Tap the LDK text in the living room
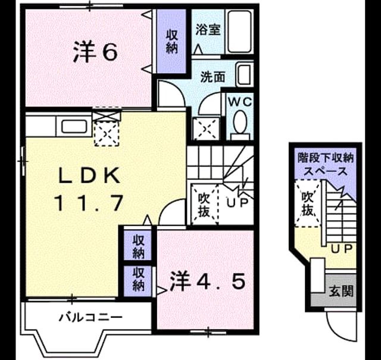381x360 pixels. tap(89, 176)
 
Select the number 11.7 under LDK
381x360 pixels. tap(89, 203)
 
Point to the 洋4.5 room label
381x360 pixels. tap(207, 281)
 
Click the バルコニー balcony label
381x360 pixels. tap(90, 317)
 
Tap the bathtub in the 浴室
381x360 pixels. tap(239, 32)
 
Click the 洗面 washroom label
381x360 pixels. tap(213, 77)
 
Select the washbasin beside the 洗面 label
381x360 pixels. tap(245, 74)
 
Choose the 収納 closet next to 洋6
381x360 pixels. tap(172, 42)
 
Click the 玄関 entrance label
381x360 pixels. tap(341, 290)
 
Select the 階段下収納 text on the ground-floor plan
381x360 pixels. tap(326, 158)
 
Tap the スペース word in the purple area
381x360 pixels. tap(326, 171)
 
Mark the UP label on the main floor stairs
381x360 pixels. tap(238, 202)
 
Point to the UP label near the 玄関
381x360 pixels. tap(341, 248)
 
